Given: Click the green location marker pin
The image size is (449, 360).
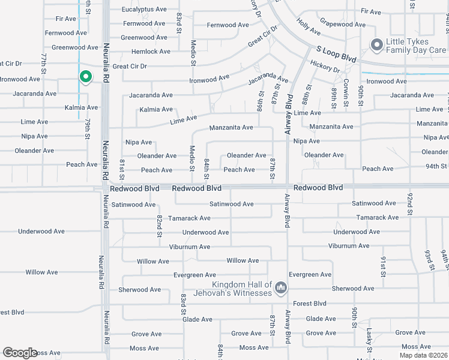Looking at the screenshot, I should (85, 77).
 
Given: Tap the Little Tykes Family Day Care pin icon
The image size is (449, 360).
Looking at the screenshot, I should (377, 44).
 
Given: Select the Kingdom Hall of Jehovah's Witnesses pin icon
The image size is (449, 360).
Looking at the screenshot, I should (280, 289).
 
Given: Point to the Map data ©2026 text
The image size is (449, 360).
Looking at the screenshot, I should (423, 355).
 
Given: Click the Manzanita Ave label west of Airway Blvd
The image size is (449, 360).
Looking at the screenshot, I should (231, 128).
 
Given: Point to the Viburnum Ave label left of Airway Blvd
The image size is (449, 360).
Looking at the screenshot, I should (189, 247).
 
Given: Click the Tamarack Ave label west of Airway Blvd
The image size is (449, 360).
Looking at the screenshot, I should (189, 218).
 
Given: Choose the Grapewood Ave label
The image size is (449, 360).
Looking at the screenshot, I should (342, 25).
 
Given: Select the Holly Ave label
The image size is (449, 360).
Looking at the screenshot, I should (309, 27).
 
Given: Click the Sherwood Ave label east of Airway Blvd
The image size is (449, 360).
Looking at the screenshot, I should (346, 289).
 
